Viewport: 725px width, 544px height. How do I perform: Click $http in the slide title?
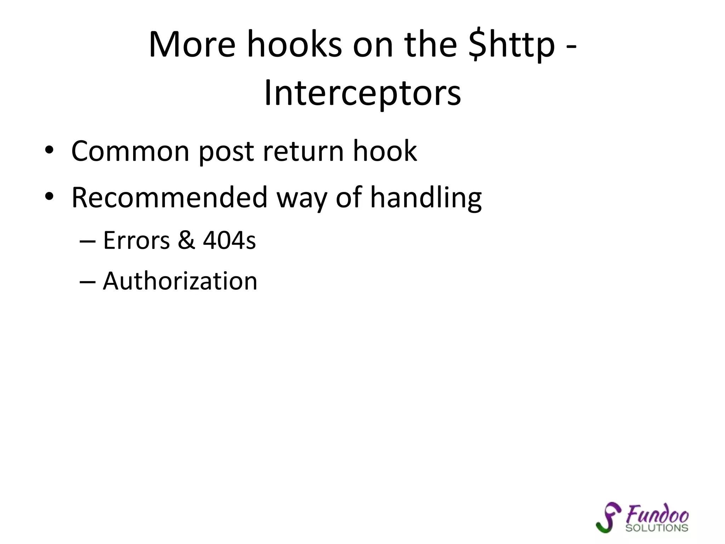pos(511,45)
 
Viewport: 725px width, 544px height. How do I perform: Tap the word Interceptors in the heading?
pos(362,93)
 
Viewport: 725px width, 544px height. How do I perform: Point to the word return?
pos(303,151)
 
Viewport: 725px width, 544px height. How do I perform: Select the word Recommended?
pos(169,197)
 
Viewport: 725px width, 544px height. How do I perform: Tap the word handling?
pos(426,197)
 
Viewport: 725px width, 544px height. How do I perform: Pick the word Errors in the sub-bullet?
pos(136,240)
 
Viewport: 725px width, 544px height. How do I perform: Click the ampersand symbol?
pos(186,240)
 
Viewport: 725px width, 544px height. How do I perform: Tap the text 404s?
pos(229,240)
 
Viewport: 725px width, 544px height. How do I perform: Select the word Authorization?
pos(180,281)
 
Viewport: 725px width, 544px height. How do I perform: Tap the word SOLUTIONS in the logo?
pos(657,528)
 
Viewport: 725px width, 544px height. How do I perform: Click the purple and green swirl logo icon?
pos(608,517)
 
